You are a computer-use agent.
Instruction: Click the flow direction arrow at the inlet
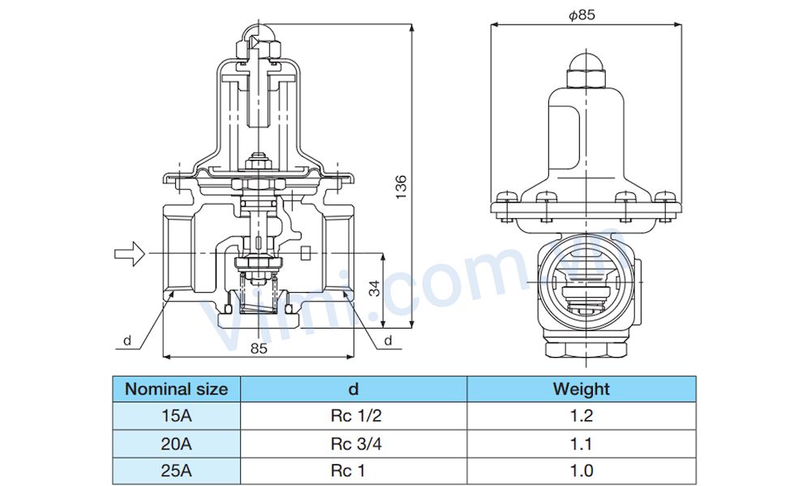[129, 254]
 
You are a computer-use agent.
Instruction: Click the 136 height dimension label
[401, 187]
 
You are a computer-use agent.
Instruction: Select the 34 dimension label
[374, 288]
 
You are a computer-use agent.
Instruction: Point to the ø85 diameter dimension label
[581, 15]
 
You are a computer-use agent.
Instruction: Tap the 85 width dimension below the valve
[259, 348]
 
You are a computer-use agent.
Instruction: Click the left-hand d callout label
[127, 341]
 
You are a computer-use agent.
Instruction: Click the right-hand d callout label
[388, 340]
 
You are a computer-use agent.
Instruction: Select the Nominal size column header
[176, 389]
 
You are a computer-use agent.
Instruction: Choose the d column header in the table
[354, 389]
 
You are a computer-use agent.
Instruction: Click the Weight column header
[581, 389]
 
